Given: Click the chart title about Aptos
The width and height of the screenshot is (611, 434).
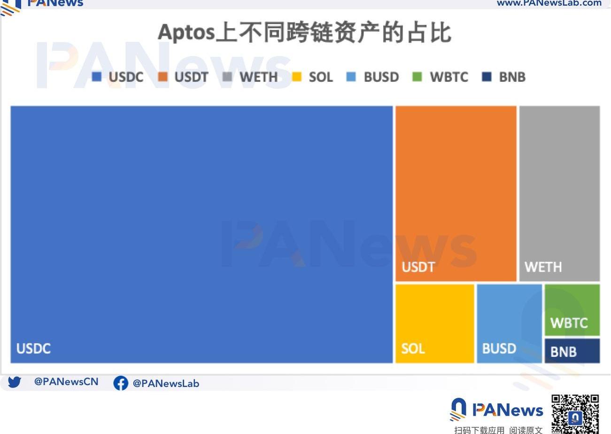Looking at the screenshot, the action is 304,32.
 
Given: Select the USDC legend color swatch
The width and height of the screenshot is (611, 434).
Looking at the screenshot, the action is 97,77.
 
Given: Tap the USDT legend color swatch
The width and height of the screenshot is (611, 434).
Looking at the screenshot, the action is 162,77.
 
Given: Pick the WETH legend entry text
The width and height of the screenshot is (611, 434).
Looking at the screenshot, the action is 259,77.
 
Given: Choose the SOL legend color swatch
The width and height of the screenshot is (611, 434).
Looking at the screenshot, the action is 296,77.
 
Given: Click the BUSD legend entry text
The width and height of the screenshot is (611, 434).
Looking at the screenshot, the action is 381,77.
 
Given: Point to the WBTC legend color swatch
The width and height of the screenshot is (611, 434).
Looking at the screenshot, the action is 417,77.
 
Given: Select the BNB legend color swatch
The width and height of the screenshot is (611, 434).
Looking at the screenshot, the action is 487,77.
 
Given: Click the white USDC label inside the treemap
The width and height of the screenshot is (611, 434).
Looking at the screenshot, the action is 33,348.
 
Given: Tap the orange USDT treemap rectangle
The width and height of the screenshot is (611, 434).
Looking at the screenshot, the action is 456,194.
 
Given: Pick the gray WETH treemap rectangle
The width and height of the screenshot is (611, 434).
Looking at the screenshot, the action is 559,194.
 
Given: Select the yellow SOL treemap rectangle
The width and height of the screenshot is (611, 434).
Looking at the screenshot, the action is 435,324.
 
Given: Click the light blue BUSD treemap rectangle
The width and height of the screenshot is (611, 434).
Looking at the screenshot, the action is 509,324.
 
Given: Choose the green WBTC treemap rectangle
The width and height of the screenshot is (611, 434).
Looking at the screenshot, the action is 572,310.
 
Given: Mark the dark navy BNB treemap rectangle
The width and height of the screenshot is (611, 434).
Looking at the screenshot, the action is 572,351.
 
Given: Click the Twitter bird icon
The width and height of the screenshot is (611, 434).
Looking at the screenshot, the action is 15,382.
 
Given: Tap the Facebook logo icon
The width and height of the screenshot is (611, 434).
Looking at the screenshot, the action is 121,383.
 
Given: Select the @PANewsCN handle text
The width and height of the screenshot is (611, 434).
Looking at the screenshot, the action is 66,382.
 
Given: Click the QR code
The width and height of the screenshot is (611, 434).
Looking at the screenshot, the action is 575,414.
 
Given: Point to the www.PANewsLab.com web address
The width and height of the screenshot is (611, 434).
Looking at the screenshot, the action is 549,3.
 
